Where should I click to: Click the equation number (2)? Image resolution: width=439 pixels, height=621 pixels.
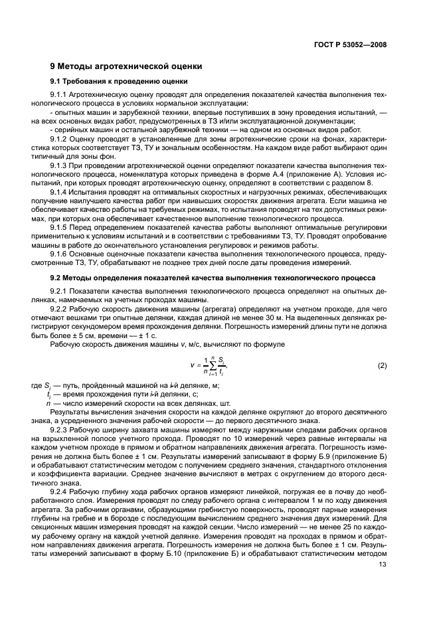[x=382, y=365]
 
